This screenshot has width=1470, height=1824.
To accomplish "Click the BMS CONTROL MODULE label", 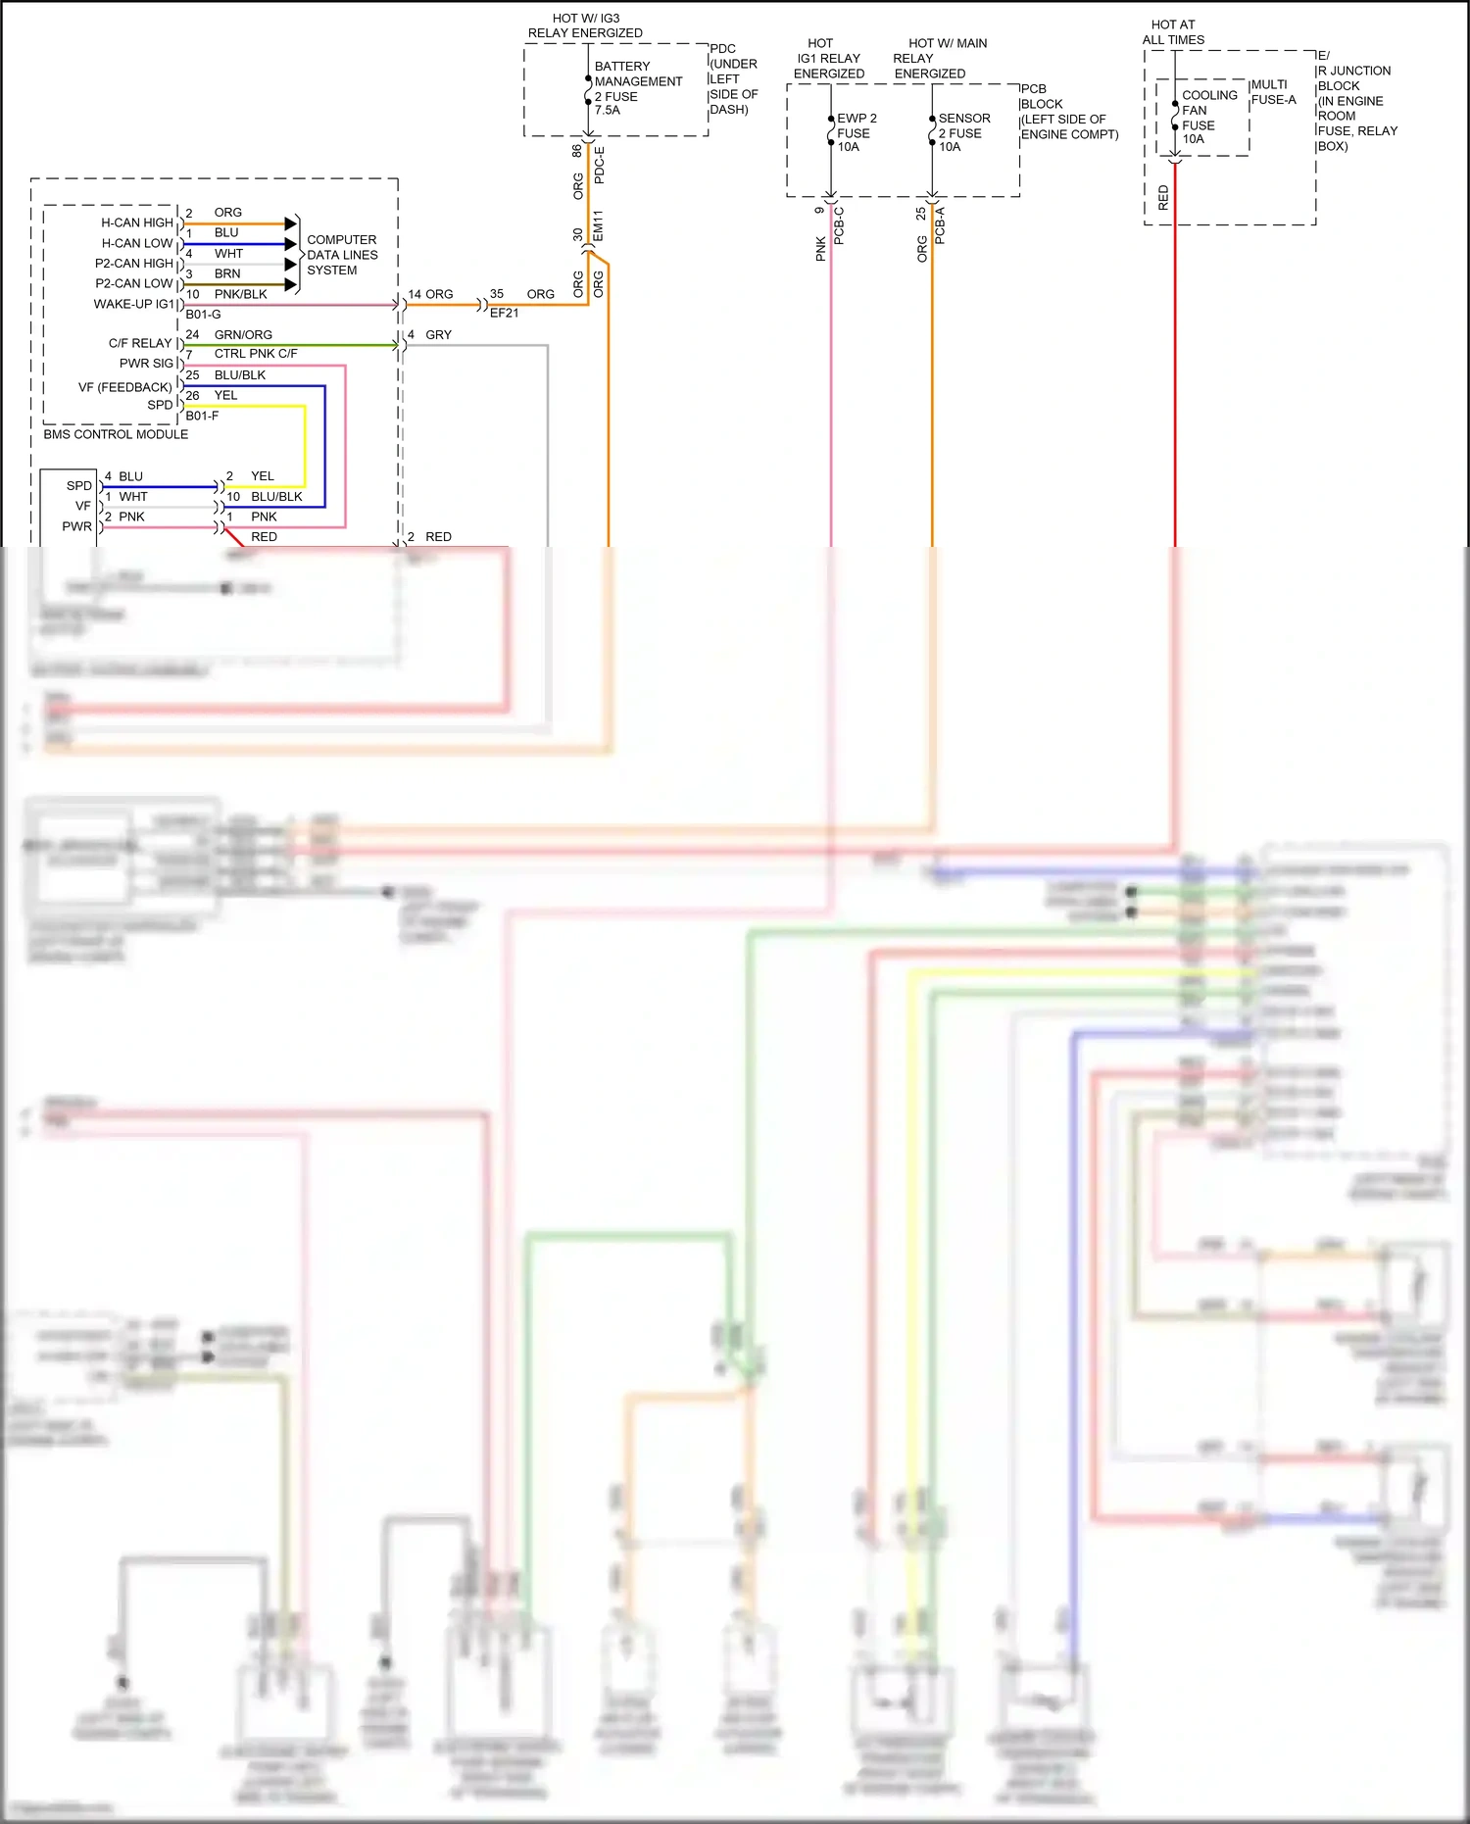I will point(116,434).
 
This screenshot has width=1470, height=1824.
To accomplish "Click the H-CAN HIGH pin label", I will point(136,222).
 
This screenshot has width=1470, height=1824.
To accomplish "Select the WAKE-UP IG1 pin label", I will point(132,304).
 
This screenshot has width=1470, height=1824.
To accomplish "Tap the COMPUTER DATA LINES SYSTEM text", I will point(341,255).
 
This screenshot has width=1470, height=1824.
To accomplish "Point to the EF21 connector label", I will point(504,313).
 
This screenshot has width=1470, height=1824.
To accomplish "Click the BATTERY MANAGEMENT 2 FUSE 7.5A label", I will point(637,88).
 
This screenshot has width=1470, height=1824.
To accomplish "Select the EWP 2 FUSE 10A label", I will point(856,132).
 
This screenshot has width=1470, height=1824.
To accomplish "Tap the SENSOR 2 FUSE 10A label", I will point(963,132).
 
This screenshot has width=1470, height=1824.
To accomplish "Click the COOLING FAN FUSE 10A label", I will point(1208,117).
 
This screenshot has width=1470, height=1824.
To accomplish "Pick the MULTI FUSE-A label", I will point(1272,92).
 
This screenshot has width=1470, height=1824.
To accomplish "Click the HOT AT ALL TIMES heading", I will point(1173,32).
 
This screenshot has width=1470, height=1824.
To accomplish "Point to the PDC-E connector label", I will point(600,165).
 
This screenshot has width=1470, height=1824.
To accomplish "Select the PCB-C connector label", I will point(839,225).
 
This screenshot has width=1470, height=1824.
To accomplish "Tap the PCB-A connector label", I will point(940,225).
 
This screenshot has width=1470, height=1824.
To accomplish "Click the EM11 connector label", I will point(598,225).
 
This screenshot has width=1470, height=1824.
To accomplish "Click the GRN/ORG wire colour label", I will point(243,334).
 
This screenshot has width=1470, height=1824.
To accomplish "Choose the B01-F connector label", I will point(202,416).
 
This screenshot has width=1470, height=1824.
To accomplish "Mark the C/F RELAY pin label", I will point(139,343).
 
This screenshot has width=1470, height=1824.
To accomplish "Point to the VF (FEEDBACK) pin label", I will point(124,387).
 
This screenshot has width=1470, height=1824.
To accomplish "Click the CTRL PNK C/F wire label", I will point(255,354).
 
